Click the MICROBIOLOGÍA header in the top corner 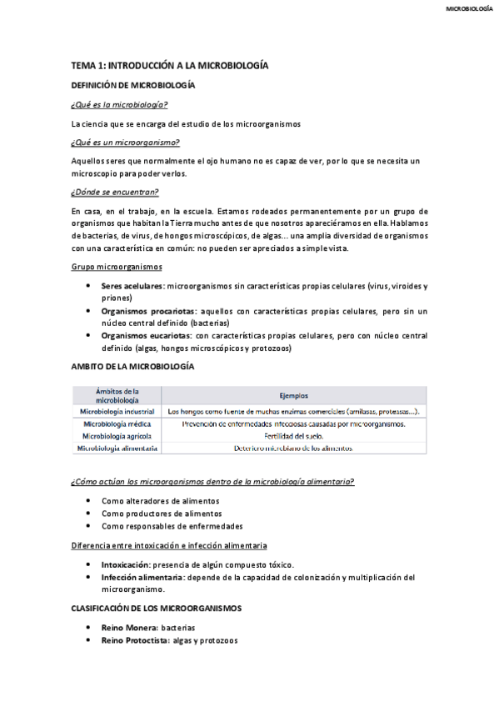469,9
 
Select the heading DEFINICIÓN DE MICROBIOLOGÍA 133,85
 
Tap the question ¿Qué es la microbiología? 119,104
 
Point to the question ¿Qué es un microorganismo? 125,142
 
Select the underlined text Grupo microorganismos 117,267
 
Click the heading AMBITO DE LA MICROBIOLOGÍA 132,366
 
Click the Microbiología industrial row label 117,411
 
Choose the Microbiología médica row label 117,424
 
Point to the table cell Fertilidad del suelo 293,435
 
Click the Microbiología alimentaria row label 117,448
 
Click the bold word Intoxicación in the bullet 131,564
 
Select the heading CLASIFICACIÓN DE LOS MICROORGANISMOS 157,609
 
